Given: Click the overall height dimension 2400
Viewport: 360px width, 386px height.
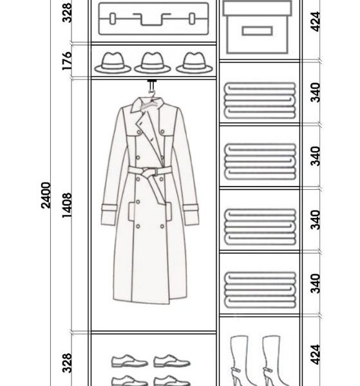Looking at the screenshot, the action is pos(46,195).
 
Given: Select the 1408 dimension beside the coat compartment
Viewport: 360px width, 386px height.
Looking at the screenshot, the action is pos(67,205).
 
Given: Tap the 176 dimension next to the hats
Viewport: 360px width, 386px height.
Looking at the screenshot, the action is pos(67,61).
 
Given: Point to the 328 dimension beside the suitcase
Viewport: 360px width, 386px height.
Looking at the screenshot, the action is pos(67,13).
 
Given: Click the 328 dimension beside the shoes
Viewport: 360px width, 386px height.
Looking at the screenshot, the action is pos(67,363).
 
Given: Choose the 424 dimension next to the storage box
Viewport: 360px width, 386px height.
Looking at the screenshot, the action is pos(316,21).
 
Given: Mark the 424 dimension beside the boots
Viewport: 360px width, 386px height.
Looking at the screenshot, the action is pos(316,354).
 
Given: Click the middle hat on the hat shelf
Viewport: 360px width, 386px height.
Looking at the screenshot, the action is pos(153,63).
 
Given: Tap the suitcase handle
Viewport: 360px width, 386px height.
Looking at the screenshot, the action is pos(152,20).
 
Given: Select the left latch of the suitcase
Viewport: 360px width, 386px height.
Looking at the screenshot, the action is pos(112,19).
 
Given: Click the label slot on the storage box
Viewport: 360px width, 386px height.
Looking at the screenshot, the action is pos(257,31).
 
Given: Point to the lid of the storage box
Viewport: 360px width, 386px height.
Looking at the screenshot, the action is pos(258,8).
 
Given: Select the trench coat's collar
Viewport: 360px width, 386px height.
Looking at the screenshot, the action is pos(147,105).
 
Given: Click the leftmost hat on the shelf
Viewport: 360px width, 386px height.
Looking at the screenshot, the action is pos(113,63).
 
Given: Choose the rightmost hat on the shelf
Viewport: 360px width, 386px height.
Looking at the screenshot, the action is pos(194,63).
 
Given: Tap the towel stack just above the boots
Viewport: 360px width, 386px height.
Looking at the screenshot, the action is pos(260,289).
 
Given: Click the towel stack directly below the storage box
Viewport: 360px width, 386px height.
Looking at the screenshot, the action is pos(260,100).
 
